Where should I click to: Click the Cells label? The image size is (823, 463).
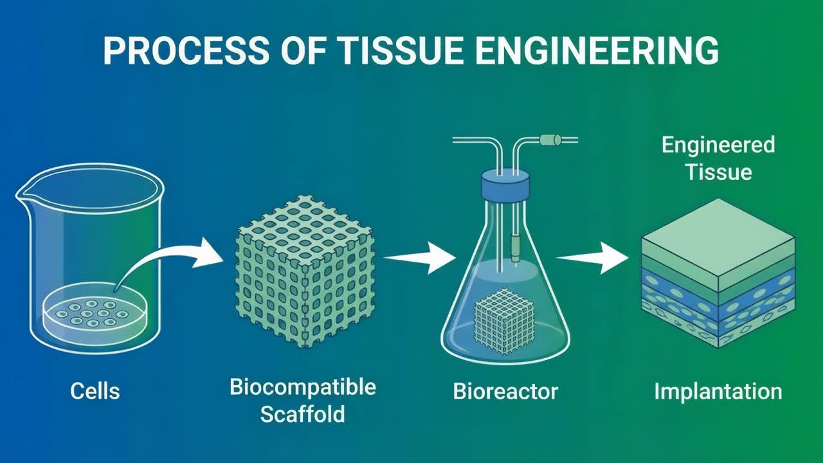[x=95, y=390]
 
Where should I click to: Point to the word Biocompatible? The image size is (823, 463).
[x=303, y=387]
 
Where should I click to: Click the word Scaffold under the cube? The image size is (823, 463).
[x=303, y=414]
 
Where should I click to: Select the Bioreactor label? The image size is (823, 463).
[x=505, y=391]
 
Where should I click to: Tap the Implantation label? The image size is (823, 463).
[x=718, y=391]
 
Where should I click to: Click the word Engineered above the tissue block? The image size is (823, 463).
[x=718, y=145]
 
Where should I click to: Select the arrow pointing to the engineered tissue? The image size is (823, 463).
[x=592, y=257]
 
